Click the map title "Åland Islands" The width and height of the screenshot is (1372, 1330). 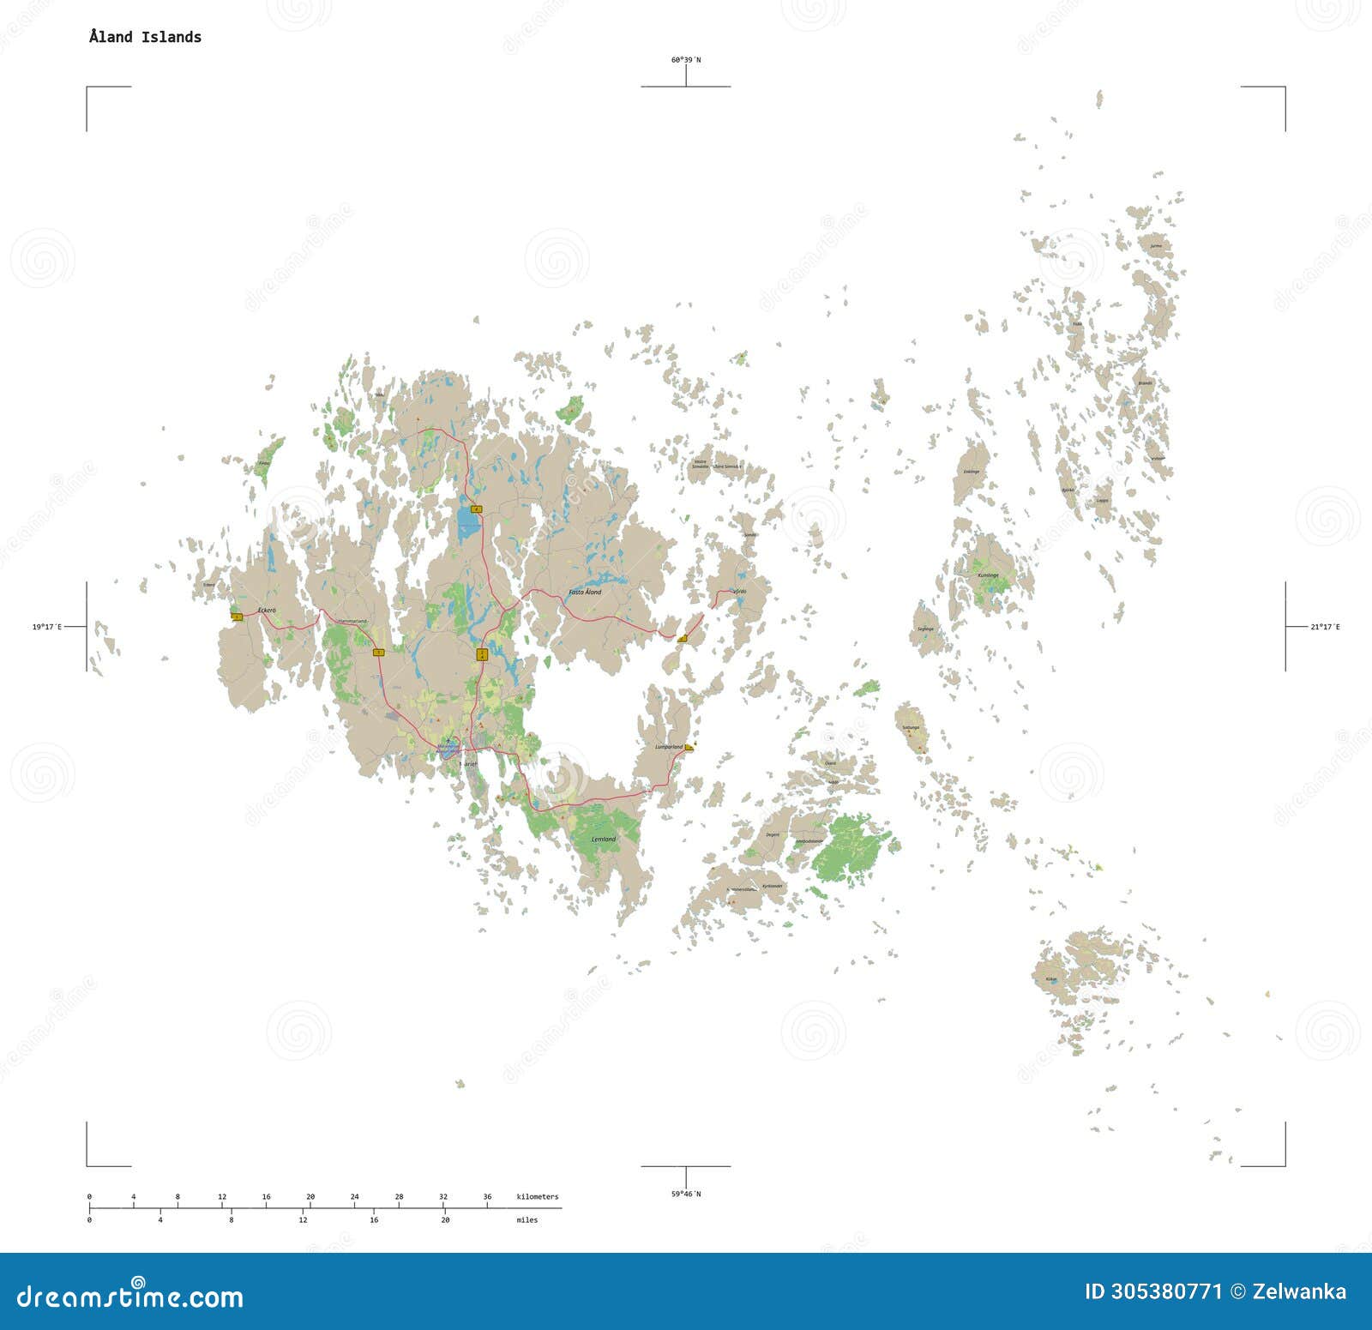(145, 37)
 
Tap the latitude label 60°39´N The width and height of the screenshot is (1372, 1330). (685, 60)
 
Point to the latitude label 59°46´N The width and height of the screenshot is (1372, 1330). (685, 1194)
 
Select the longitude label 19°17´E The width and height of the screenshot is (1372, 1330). (47, 627)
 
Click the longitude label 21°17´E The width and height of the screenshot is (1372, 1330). (1325, 627)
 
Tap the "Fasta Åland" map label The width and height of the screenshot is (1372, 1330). (586, 593)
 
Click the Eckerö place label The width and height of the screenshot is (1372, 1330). (267, 610)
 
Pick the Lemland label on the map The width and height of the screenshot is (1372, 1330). (604, 839)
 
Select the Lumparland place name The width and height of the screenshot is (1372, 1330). (668, 748)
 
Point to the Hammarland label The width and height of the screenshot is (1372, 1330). (352, 621)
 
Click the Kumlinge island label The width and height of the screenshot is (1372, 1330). (989, 575)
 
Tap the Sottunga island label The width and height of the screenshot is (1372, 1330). (910, 727)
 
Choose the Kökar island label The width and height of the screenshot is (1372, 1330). (1051, 979)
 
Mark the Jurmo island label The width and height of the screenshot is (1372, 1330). (1156, 246)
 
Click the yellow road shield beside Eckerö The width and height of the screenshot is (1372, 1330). (236, 616)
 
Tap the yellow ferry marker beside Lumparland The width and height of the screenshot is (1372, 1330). (689, 748)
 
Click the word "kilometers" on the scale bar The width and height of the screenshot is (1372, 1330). (537, 1196)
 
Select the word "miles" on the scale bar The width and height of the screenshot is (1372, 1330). (527, 1219)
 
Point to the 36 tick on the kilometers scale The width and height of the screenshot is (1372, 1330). (487, 1196)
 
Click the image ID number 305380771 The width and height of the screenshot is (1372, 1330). (1165, 1292)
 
